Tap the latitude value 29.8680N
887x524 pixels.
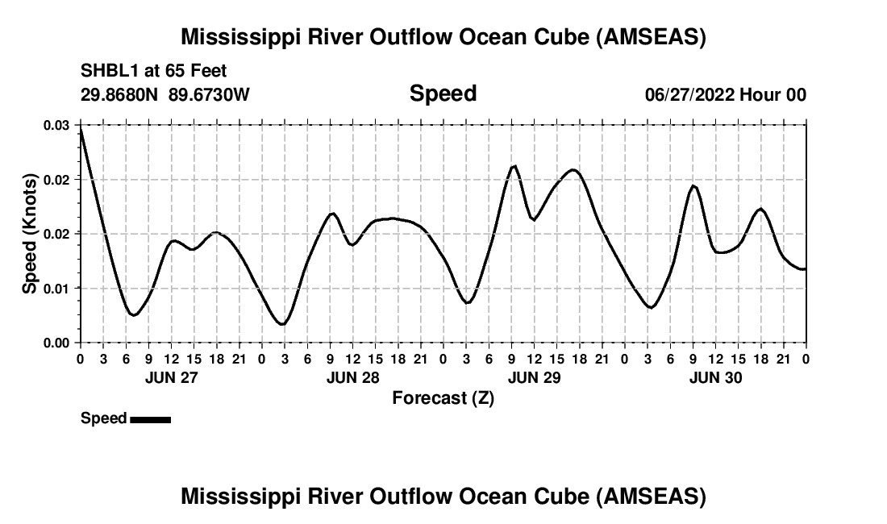click(121, 94)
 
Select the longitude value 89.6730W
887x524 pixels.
click(210, 94)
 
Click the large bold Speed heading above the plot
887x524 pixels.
click(443, 94)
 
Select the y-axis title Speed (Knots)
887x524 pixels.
click(29, 234)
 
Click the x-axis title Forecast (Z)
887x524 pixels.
click(443, 397)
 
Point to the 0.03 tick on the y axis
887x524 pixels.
click(56, 126)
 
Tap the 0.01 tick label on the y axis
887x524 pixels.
click(56, 289)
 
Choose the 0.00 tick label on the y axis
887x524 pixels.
click(56, 343)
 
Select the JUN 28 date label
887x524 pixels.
click(352, 377)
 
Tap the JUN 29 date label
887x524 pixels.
click(534, 377)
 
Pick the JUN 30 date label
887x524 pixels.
click(715, 377)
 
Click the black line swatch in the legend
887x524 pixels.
click(150, 419)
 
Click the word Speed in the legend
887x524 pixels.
click(103, 418)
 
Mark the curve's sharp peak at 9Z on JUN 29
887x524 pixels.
click(514, 165)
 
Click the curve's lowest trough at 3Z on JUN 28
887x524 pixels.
click(281, 324)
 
